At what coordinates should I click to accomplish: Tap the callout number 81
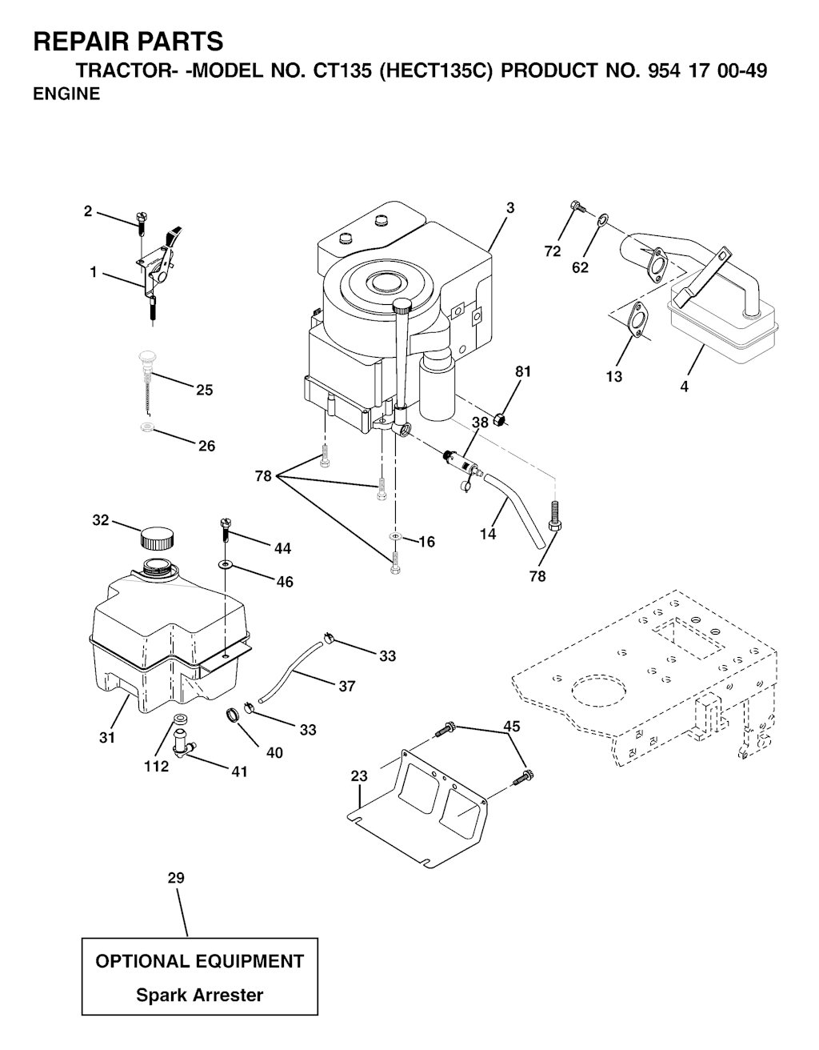coord(523,371)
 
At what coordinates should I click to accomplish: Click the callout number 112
coord(156,767)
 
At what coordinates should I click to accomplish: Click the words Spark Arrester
coord(199,996)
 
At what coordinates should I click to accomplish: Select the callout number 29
coord(175,878)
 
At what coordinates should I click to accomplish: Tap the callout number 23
coord(359,775)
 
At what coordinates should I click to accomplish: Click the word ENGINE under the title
coord(66,94)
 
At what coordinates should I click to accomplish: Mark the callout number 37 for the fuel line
coord(346,686)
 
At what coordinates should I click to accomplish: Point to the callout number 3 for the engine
coord(509,208)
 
